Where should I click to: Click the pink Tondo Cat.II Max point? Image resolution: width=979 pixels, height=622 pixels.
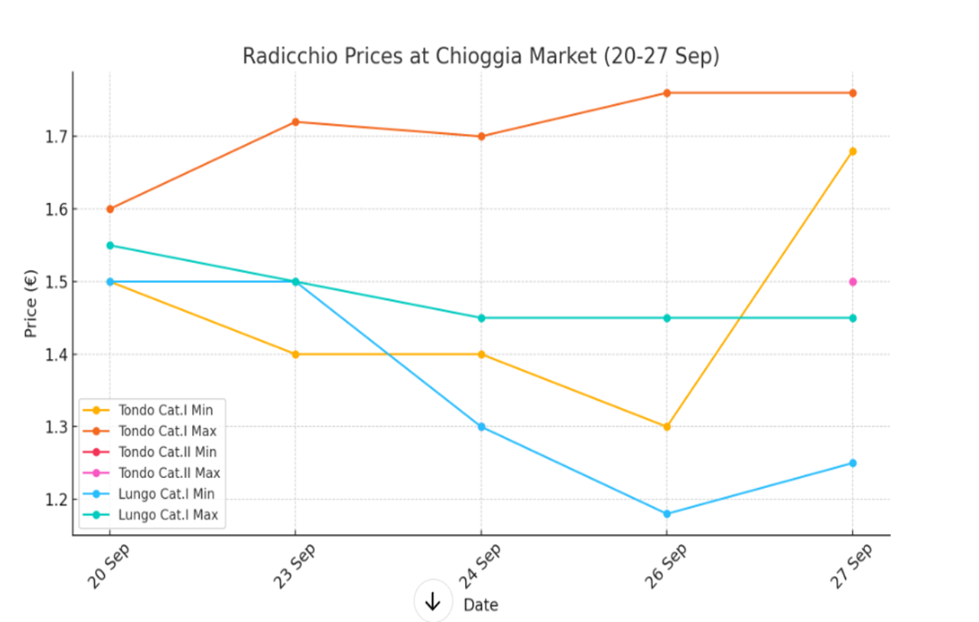[853, 282]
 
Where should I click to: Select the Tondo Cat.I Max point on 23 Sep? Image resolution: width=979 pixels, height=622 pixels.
[295, 122]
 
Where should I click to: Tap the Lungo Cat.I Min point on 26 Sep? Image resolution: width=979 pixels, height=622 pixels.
[667, 513]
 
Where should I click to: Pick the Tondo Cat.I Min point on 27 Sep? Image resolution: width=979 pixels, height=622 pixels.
[853, 151]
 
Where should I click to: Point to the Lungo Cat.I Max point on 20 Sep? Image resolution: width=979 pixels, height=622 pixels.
[110, 246]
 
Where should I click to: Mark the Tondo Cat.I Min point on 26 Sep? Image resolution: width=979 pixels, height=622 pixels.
[667, 426]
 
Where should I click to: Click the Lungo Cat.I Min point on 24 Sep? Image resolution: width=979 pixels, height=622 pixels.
[481, 426]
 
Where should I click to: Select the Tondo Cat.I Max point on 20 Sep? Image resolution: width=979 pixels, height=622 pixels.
[110, 209]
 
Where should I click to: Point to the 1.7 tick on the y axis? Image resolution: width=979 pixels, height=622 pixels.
[57, 137]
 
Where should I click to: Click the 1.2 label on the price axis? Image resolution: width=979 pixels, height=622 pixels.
[57, 500]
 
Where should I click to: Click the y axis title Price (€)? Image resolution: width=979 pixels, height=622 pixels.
[31, 303]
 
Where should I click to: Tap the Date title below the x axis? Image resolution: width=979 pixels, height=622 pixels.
[480, 605]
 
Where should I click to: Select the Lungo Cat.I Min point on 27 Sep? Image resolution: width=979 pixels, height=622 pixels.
[853, 463]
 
